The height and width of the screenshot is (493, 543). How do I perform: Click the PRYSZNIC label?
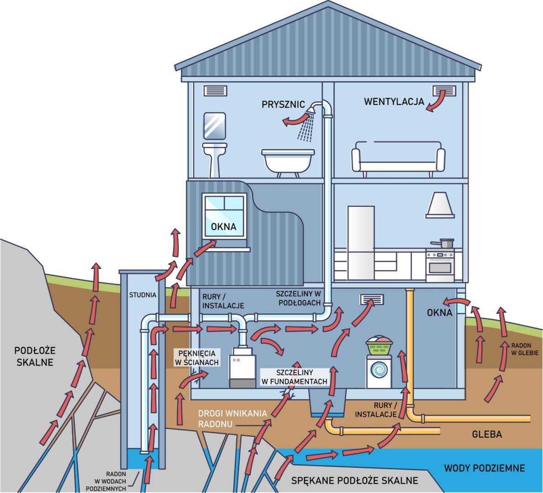coord(283,105)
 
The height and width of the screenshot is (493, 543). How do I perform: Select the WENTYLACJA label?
coord(394,101)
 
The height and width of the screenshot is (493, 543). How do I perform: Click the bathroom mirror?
coord(214,126)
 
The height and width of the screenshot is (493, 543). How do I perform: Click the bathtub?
coord(288,160)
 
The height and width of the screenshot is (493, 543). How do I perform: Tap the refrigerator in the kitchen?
coord(361,242)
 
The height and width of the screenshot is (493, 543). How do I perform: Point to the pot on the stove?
coord(446,243)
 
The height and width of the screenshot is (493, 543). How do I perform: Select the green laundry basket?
coord(379,347)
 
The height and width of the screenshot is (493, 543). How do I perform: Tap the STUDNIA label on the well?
coord(142,295)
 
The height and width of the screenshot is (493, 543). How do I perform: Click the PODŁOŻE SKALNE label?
coord(35,357)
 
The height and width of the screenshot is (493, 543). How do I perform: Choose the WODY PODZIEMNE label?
coord(485,468)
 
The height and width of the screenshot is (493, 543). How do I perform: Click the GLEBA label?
coord(487,434)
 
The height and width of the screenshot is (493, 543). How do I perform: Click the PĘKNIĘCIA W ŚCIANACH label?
coord(197,358)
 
